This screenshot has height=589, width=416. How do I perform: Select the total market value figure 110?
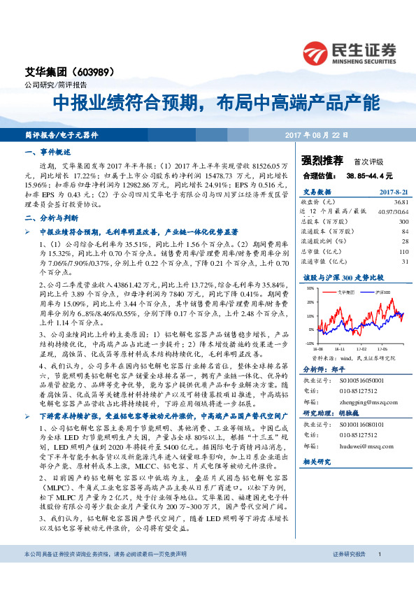point(403,250)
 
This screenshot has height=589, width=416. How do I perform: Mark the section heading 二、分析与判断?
point(48,218)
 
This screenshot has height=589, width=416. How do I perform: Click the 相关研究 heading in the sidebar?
point(316,463)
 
